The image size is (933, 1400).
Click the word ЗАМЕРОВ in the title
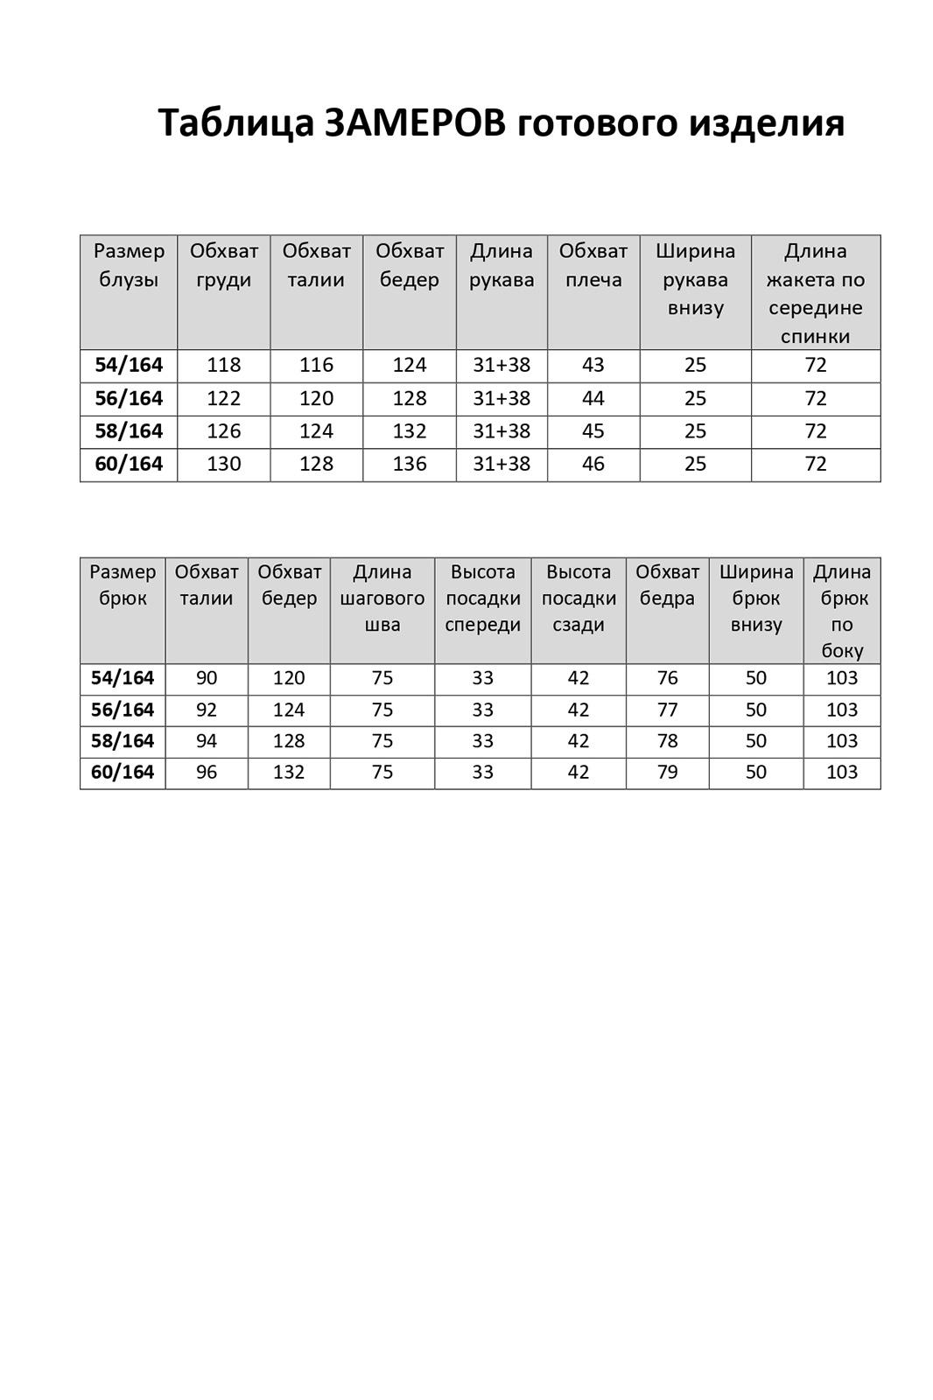tap(415, 122)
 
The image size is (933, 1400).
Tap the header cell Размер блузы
tap(129, 265)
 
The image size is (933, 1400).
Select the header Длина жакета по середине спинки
tap(815, 293)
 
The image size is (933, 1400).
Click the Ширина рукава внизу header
tap(695, 279)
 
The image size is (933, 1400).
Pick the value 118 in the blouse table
tap(224, 365)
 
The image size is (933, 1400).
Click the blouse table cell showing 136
tap(410, 464)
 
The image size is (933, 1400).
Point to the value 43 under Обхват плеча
tap(593, 365)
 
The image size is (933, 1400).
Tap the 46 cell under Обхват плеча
tap(593, 464)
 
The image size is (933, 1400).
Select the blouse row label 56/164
tap(129, 398)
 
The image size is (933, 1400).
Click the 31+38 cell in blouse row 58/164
tap(502, 430)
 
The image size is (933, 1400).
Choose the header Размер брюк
tap(123, 584)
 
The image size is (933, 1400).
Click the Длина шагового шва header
tap(382, 598)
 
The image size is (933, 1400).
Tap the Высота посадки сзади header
tap(579, 598)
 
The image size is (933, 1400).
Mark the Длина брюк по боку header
tap(842, 611)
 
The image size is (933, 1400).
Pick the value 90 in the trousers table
tap(207, 678)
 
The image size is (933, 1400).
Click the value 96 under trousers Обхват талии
tap(207, 772)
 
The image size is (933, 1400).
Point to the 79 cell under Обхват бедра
tap(667, 772)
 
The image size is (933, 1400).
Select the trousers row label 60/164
tap(123, 772)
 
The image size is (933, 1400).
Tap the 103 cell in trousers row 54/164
tap(842, 678)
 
